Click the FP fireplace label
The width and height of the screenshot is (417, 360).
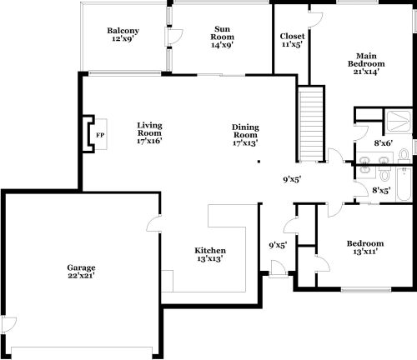pyautogui.click(x=100, y=135)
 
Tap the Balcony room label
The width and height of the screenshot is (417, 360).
pyautogui.click(x=123, y=31)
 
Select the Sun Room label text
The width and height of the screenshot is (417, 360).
pyautogui.click(x=222, y=32)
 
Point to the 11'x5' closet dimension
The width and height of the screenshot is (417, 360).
pyautogui.click(x=292, y=44)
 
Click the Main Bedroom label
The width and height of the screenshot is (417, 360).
pyautogui.click(x=366, y=60)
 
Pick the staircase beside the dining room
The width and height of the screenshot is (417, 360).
pyautogui.click(x=311, y=124)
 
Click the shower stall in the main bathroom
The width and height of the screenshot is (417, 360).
pyautogui.click(x=399, y=121)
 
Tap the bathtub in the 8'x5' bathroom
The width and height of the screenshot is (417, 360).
pyautogui.click(x=404, y=183)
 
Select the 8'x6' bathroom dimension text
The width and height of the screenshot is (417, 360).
pyautogui.click(x=384, y=143)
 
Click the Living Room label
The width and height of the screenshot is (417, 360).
pyautogui.click(x=149, y=129)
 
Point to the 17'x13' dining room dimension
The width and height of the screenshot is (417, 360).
pyautogui.click(x=245, y=142)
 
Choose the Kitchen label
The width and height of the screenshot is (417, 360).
pyautogui.click(x=210, y=251)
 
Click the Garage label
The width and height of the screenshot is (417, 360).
pyautogui.click(x=81, y=267)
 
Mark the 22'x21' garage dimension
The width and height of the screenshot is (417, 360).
pyautogui.click(x=81, y=276)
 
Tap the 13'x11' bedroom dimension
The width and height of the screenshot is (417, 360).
pyautogui.click(x=365, y=252)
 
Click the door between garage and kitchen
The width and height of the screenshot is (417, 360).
pyautogui.click(x=153, y=223)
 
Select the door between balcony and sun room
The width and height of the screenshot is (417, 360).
pyautogui.click(x=173, y=37)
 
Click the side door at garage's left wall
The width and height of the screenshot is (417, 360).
pyautogui.click(x=9, y=324)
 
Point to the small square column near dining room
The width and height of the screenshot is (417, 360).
pyautogui.click(x=259, y=161)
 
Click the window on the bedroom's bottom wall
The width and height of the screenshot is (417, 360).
pyautogui.click(x=366, y=290)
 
